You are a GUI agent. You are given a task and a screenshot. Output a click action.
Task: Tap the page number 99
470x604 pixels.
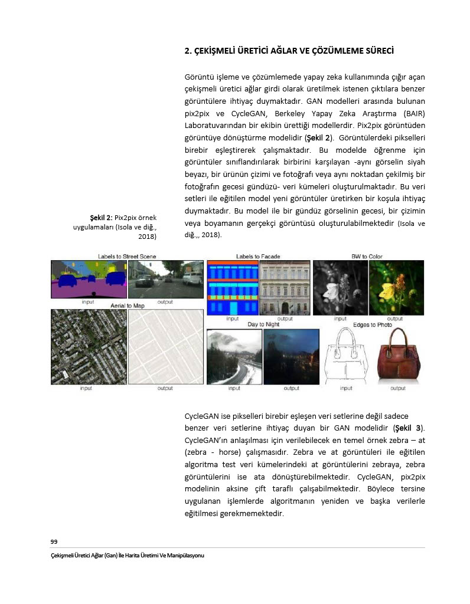[x=54, y=541]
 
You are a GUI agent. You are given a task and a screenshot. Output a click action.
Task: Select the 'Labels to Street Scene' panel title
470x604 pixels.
[x=127, y=256]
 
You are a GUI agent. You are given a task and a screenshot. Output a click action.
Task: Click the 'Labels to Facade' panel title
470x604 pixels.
[x=258, y=256]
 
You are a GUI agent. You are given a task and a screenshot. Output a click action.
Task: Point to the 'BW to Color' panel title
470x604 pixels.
[x=368, y=256]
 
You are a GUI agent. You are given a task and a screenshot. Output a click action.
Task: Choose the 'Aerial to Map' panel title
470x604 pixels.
[x=128, y=306]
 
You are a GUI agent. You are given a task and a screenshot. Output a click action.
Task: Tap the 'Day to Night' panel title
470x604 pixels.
[x=263, y=324]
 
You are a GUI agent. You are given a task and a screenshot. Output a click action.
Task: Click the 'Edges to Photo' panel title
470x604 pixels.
[x=372, y=324]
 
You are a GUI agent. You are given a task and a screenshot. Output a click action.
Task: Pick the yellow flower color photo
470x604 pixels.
[x=396, y=288]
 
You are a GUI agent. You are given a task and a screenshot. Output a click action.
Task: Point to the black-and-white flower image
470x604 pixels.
[x=340, y=288]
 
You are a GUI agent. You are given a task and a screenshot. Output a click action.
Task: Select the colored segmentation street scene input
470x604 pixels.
[x=89, y=279]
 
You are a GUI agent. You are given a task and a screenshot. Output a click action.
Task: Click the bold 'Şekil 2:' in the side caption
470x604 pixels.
[x=101, y=217]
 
